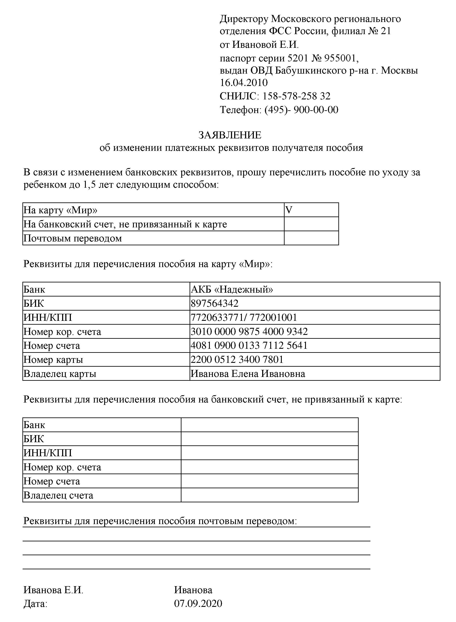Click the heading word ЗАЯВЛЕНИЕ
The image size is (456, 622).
(x=230, y=135)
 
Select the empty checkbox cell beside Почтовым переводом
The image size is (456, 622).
(x=311, y=238)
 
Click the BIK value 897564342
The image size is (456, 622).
(x=215, y=303)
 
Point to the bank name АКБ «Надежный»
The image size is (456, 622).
(x=232, y=289)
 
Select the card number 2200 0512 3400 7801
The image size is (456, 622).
(x=237, y=359)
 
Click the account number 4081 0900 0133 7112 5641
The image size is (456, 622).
(x=249, y=345)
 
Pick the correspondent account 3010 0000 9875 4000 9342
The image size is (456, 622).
(x=249, y=331)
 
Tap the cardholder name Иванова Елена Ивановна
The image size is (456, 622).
(x=248, y=374)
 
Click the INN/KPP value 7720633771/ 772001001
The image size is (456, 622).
(x=244, y=317)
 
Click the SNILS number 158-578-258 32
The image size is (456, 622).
(x=296, y=96)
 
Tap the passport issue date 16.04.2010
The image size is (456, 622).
(x=244, y=83)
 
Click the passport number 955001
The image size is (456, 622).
(x=341, y=58)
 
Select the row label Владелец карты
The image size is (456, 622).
(x=60, y=374)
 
